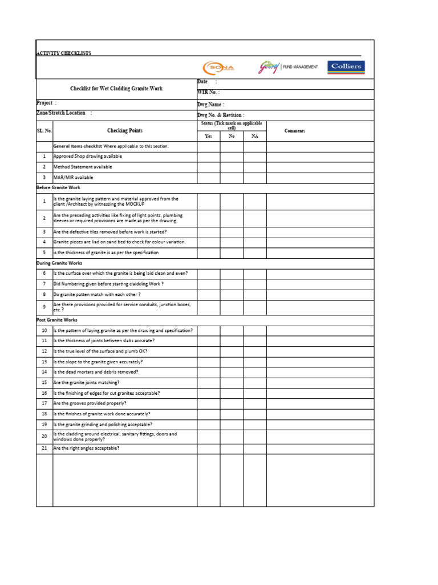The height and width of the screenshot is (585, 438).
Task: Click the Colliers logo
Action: point(346,67)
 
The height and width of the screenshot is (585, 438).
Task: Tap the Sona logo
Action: point(218,67)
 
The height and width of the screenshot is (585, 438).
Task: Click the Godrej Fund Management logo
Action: point(289,67)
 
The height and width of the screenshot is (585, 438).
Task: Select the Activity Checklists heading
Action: point(63,53)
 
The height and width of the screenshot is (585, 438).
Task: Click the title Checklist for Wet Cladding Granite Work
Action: point(116,89)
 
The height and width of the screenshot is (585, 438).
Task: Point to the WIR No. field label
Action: point(208,92)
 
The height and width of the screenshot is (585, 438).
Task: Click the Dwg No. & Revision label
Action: point(221,115)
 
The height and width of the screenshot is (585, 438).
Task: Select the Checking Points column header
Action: point(124,131)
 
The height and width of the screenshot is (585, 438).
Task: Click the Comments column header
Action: point(295,131)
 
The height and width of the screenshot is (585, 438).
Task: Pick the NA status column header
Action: point(254,136)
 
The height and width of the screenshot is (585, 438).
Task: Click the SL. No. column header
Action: point(44,131)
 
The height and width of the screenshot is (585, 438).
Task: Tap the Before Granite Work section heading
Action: point(58,187)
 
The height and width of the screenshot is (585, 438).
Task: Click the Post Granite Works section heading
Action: point(57,320)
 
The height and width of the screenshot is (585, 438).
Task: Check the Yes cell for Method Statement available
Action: point(209,167)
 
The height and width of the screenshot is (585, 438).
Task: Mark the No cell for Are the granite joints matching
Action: point(232,382)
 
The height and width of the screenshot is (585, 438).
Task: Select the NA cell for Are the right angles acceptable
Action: point(254,448)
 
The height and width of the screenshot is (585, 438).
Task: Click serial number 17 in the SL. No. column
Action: point(44,403)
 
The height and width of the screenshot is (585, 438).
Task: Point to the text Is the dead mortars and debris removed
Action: point(96,372)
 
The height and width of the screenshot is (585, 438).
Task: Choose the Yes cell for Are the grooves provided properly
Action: point(209,403)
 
